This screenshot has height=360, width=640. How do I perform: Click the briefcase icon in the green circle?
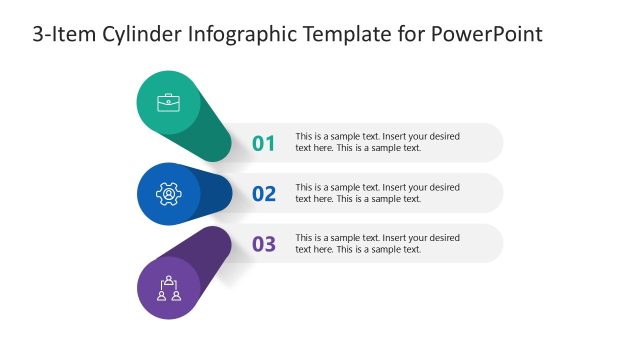[168, 102]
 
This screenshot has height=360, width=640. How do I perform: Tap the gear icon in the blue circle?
[168, 193]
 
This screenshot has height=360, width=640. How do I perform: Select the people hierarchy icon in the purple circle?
[168, 288]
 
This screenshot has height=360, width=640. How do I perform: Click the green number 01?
[263, 143]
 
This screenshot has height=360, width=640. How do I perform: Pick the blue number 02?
[263, 194]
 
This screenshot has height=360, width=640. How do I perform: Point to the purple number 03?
[263, 244]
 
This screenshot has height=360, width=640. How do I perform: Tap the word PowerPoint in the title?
[486, 35]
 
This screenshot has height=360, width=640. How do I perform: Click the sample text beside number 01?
[377, 142]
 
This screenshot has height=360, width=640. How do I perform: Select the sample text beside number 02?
[377, 193]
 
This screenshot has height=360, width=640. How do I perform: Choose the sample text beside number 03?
[377, 243]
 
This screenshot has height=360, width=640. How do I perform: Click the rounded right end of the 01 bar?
[491, 143]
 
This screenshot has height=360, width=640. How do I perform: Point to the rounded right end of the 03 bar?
[491, 244]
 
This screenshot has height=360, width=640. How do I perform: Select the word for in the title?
[410, 35]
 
